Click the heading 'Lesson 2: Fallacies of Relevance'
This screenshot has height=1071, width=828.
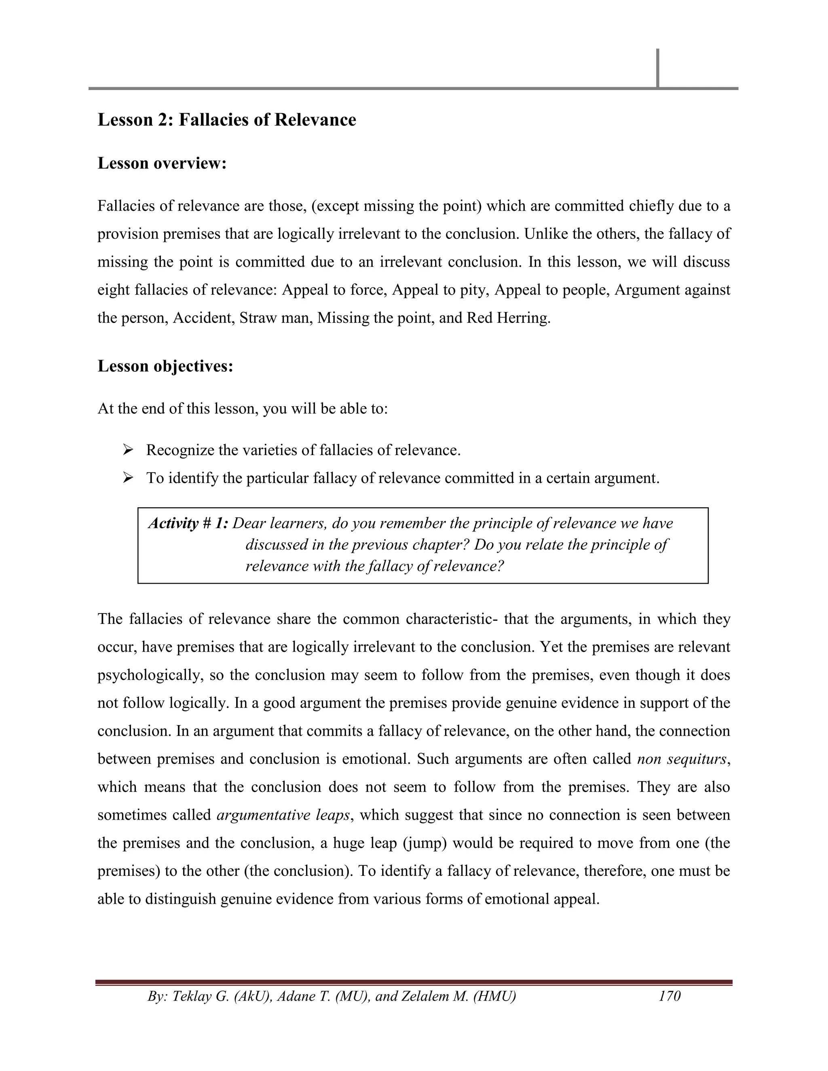tap(227, 120)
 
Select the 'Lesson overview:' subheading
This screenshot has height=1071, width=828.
tap(162, 163)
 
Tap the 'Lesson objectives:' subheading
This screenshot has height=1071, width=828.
tap(165, 366)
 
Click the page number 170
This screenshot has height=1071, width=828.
tap(670, 996)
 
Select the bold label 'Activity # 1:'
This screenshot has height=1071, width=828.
tap(188, 524)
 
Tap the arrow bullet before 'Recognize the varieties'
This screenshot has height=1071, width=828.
tap(129, 450)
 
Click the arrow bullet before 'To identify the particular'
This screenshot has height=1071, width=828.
tap(129, 478)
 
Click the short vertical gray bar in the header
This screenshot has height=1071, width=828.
tap(657, 68)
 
